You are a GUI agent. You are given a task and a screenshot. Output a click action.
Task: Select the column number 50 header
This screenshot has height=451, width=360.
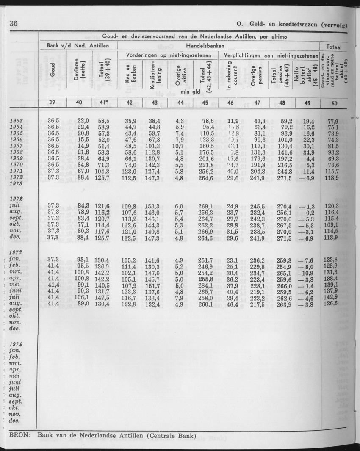[335, 102]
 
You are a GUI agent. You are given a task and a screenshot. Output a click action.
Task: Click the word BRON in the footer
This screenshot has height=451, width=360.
[17, 435]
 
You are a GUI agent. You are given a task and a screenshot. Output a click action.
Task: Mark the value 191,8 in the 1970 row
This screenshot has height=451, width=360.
[256, 164]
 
